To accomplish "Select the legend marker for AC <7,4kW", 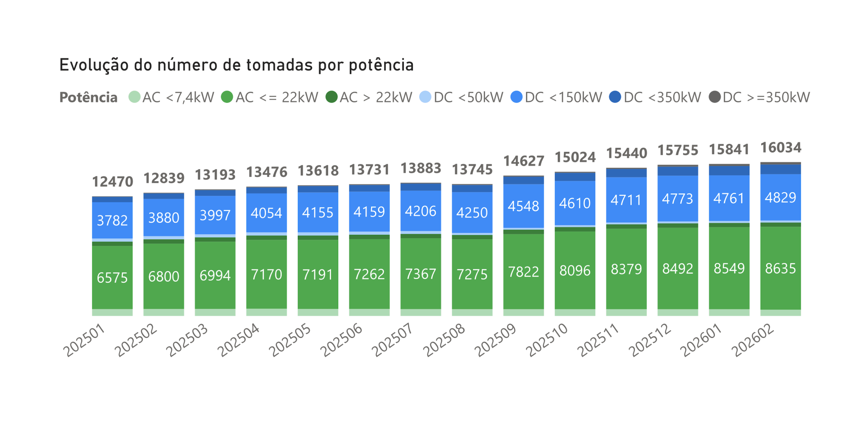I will click(134, 97).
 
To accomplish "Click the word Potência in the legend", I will click(88, 97).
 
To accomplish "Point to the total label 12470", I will click(112, 182).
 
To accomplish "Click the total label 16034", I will click(780, 147).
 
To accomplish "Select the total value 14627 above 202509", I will click(524, 161).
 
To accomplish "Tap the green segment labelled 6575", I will click(112, 277).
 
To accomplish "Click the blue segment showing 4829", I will click(780, 197).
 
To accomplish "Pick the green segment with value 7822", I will click(524, 272).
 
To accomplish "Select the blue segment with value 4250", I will click(472, 212).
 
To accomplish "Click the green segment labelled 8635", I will click(780, 268).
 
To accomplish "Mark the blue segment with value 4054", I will click(266, 213).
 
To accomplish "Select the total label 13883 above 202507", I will click(421, 168).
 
